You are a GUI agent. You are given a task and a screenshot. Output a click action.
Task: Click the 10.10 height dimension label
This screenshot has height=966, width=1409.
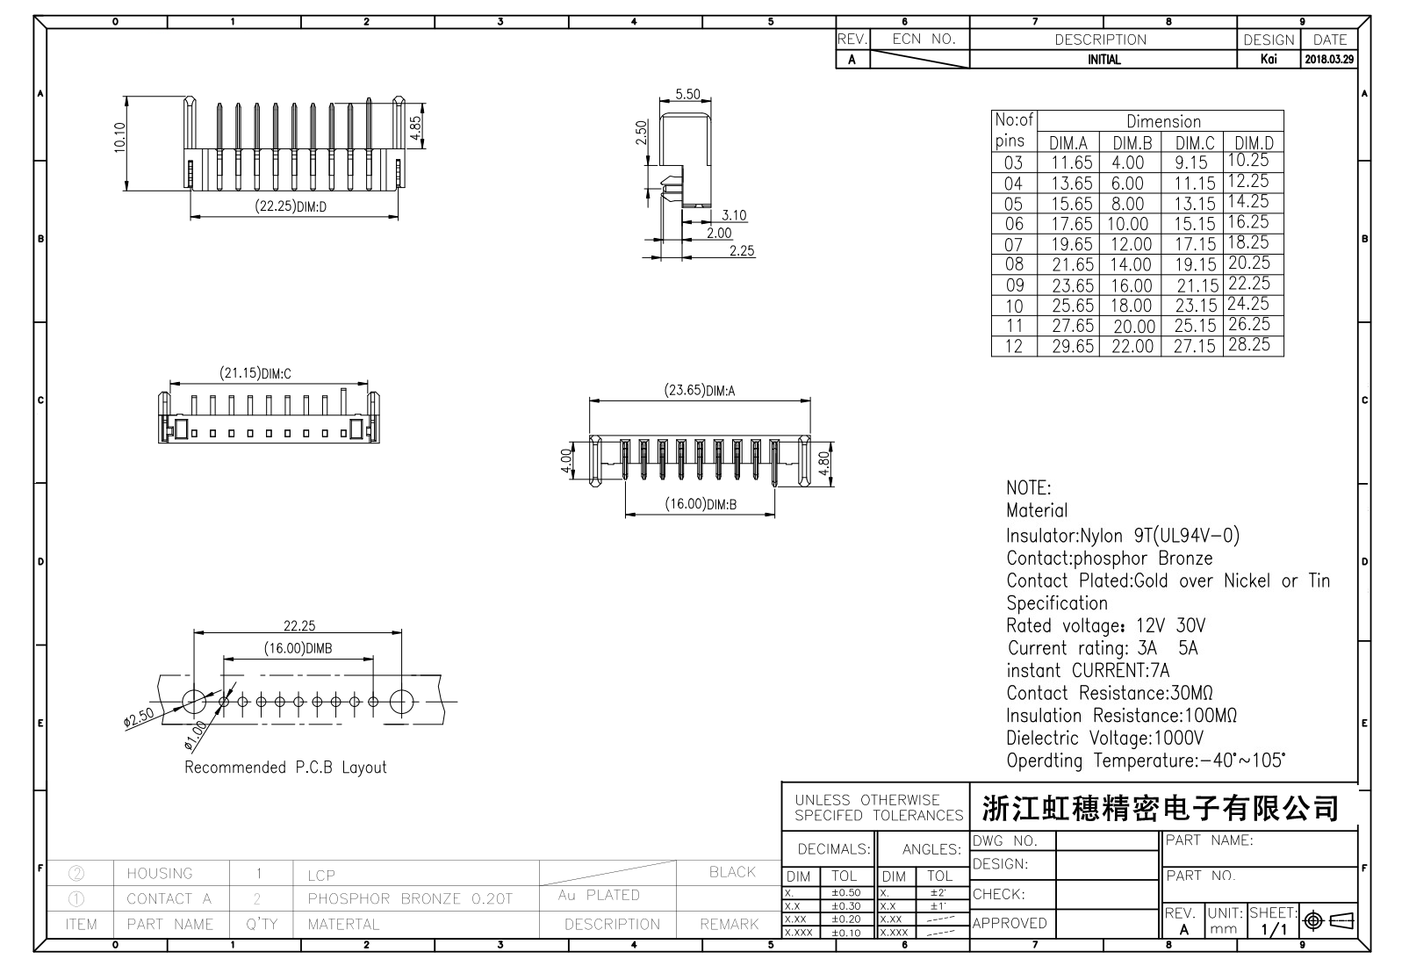point(120,138)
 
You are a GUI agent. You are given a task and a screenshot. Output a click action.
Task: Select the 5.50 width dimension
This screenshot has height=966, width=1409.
point(688,95)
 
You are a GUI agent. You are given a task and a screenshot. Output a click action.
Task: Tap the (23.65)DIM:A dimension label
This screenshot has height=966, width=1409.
point(699,391)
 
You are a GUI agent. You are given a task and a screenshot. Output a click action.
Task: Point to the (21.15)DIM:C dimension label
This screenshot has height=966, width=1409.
point(255,373)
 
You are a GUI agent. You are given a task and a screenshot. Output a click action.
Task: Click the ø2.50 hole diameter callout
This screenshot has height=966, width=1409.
point(139,717)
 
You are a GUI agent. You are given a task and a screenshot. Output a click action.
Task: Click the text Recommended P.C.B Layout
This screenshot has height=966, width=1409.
point(285,768)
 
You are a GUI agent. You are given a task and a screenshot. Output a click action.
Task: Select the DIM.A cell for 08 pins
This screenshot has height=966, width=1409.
point(1072,265)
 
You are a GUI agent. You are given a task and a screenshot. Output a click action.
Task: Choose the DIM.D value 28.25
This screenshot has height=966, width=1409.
point(1248,345)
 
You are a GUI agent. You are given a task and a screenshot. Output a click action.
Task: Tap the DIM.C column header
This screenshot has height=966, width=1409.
point(1194,143)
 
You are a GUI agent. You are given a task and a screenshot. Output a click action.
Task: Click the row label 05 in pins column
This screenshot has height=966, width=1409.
point(1013,204)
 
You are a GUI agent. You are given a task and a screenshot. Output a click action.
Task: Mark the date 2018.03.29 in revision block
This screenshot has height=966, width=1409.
point(1329,60)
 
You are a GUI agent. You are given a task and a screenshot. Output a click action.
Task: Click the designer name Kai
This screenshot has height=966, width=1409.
point(1268,60)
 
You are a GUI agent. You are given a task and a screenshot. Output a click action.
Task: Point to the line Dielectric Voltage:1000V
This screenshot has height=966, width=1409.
point(1104,739)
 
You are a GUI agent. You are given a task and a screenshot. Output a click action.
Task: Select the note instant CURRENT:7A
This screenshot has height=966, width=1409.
point(1088,671)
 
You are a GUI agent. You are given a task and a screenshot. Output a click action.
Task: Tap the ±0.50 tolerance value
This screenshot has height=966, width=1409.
point(846,893)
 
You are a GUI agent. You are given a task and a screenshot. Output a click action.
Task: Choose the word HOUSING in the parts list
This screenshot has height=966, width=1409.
point(159,874)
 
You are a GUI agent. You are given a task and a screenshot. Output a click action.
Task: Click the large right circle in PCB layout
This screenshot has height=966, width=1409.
point(402,702)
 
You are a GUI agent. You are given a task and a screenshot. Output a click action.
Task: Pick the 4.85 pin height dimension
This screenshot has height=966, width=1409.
point(416,125)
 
